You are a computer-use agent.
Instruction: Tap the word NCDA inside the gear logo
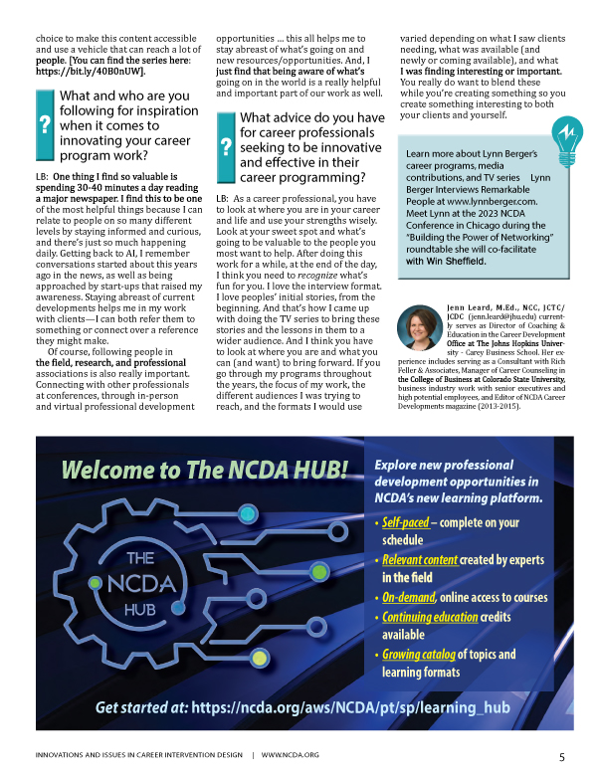click(138, 581)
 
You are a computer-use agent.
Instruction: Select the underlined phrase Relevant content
click(420, 559)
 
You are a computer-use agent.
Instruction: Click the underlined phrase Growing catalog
click(418, 654)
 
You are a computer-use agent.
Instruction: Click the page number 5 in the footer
click(562, 757)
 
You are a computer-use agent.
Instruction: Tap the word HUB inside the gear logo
click(138, 606)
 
